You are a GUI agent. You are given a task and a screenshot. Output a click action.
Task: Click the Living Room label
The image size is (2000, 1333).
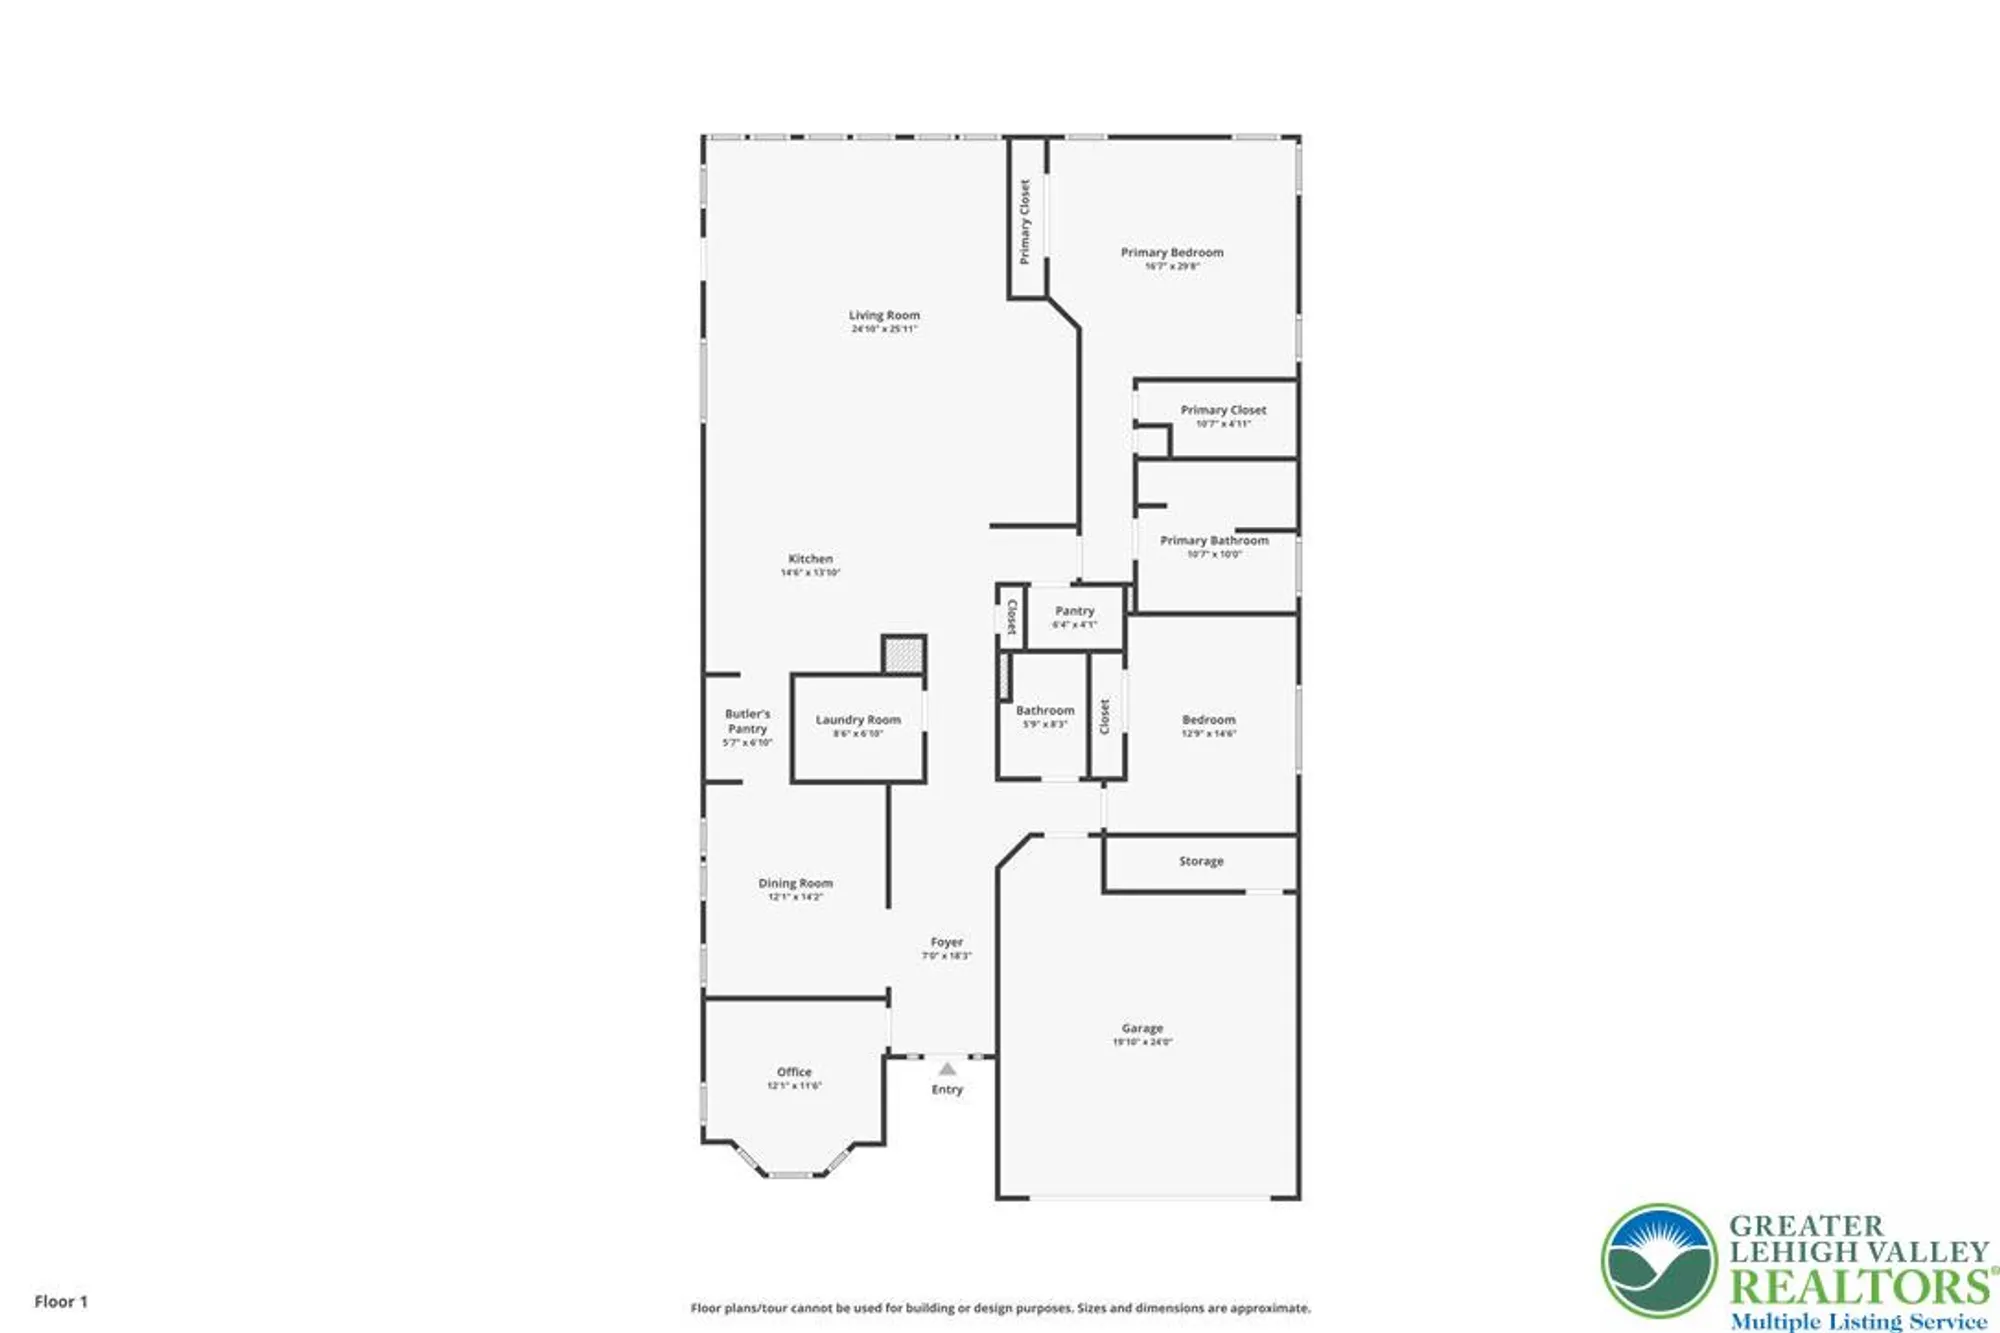click(x=884, y=316)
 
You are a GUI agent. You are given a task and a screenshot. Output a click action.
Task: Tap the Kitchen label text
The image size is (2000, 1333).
click(x=810, y=560)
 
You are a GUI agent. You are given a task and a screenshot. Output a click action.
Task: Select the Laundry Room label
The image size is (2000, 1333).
click(x=858, y=720)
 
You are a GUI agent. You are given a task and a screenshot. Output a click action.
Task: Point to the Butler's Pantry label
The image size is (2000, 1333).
click(x=748, y=722)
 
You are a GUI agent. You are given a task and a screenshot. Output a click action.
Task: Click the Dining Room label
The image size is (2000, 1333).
click(x=795, y=884)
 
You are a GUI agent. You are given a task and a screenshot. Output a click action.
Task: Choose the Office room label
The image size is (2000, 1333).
click(x=794, y=1072)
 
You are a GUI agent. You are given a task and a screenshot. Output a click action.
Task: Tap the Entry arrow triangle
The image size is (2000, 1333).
click(x=947, y=1069)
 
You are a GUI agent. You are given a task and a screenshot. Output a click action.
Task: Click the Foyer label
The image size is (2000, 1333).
click(x=946, y=943)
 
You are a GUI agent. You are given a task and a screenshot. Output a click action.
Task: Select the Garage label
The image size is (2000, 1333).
click(x=1142, y=1029)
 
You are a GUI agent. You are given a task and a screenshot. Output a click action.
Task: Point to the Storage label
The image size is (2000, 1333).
click(x=1201, y=861)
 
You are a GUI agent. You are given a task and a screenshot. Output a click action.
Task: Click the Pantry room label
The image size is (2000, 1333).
click(x=1074, y=611)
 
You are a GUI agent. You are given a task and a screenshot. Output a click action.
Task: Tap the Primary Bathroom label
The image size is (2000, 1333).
click(x=1214, y=541)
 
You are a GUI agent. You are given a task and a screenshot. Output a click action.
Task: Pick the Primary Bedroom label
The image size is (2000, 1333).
click(x=1172, y=253)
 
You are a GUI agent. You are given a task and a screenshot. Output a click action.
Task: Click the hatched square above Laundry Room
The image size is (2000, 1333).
click(x=903, y=656)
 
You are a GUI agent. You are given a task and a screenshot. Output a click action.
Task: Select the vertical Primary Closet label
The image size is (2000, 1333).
click(x=1024, y=221)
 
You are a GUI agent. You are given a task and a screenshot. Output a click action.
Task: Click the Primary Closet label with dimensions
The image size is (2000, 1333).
click(x=1223, y=411)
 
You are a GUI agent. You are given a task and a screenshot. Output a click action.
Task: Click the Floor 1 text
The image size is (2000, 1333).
click(x=61, y=1301)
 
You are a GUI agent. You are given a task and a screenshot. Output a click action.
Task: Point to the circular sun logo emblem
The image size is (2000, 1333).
click(x=1659, y=1261)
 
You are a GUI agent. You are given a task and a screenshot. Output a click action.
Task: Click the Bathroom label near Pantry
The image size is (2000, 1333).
click(x=1045, y=711)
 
